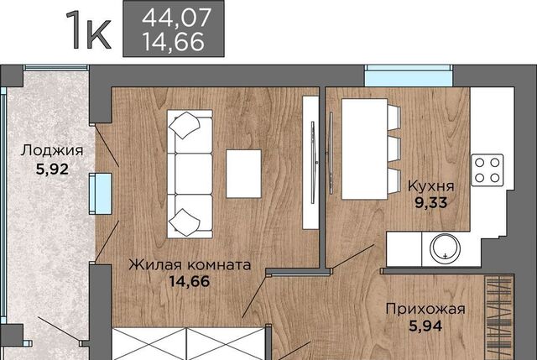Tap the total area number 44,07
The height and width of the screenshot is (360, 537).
coord(176,18)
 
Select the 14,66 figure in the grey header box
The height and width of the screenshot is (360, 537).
coord(174,42)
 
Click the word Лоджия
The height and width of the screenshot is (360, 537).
coord(52,151)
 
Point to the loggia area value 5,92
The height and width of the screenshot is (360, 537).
coord(52,169)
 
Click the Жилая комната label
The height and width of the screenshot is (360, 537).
coord(190,265)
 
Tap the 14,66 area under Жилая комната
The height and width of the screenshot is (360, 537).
coord(190,281)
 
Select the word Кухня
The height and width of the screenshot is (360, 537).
coord(431,186)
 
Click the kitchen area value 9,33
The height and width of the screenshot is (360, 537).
coord(431,202)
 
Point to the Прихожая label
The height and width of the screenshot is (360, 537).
coord(425,309)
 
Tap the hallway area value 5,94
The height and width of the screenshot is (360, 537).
coord(425,326)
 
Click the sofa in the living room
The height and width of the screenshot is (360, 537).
coord(190,174)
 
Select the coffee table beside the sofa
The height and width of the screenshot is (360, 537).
coord(243,174)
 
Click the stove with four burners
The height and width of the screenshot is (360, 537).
coord(487,170)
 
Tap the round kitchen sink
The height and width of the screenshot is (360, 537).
coord(445,247)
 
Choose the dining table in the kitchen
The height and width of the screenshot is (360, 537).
coord(364,149)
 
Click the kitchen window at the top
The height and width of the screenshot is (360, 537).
coord(409,76)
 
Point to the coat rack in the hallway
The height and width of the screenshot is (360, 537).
coord(499,317)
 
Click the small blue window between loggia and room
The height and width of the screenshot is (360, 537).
coord(101,194)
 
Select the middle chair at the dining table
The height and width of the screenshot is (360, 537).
coord(394,149)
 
